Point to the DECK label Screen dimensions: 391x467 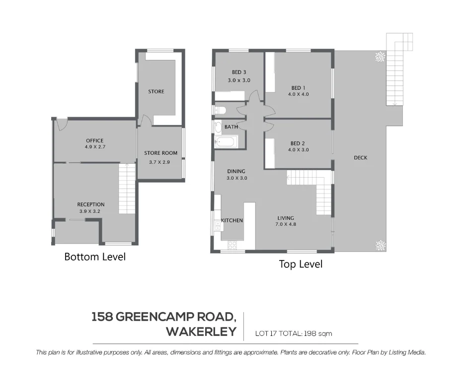point(360,158)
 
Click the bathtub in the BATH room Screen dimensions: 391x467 point(228,142)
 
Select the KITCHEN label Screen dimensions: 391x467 point(232,220)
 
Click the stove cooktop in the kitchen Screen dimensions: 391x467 point(232,245)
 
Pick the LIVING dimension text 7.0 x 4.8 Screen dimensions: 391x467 point(285,224)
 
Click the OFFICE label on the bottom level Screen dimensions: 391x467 point(94,140)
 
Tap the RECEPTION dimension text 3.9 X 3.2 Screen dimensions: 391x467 point(90,211)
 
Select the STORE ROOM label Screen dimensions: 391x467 point(160,153)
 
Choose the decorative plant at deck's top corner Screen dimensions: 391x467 point(380,57)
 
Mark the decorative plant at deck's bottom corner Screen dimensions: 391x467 point(380,244)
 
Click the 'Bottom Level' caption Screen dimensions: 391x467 point(95,257)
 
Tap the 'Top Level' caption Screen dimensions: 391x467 point(300,264)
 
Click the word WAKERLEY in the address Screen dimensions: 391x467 point(201,332)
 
